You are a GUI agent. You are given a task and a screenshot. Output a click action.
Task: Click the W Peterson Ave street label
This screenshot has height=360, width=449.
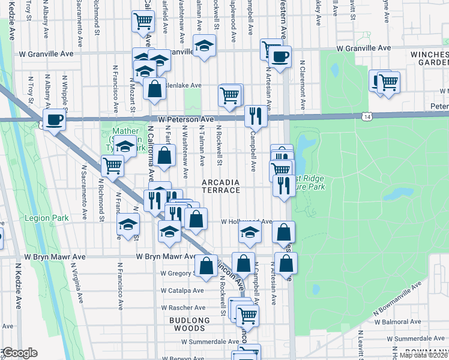182,119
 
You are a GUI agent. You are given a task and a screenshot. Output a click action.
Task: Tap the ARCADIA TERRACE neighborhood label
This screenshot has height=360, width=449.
220,186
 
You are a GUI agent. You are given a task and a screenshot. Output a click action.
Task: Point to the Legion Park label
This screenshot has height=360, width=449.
40,218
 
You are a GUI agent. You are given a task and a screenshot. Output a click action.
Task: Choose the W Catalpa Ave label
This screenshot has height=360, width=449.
182,290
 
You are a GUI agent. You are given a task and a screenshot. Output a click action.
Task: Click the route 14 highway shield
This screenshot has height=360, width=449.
366,114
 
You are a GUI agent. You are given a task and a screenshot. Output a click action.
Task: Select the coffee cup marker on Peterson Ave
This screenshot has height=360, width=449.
55,119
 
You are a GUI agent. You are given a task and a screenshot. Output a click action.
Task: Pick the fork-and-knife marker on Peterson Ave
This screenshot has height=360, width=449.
256,115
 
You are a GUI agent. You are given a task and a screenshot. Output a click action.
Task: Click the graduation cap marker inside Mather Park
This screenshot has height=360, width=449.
125,146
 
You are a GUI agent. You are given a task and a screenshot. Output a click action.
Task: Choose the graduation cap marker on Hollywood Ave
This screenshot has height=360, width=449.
250,235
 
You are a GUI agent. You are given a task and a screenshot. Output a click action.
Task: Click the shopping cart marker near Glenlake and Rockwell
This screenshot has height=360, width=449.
230,94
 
